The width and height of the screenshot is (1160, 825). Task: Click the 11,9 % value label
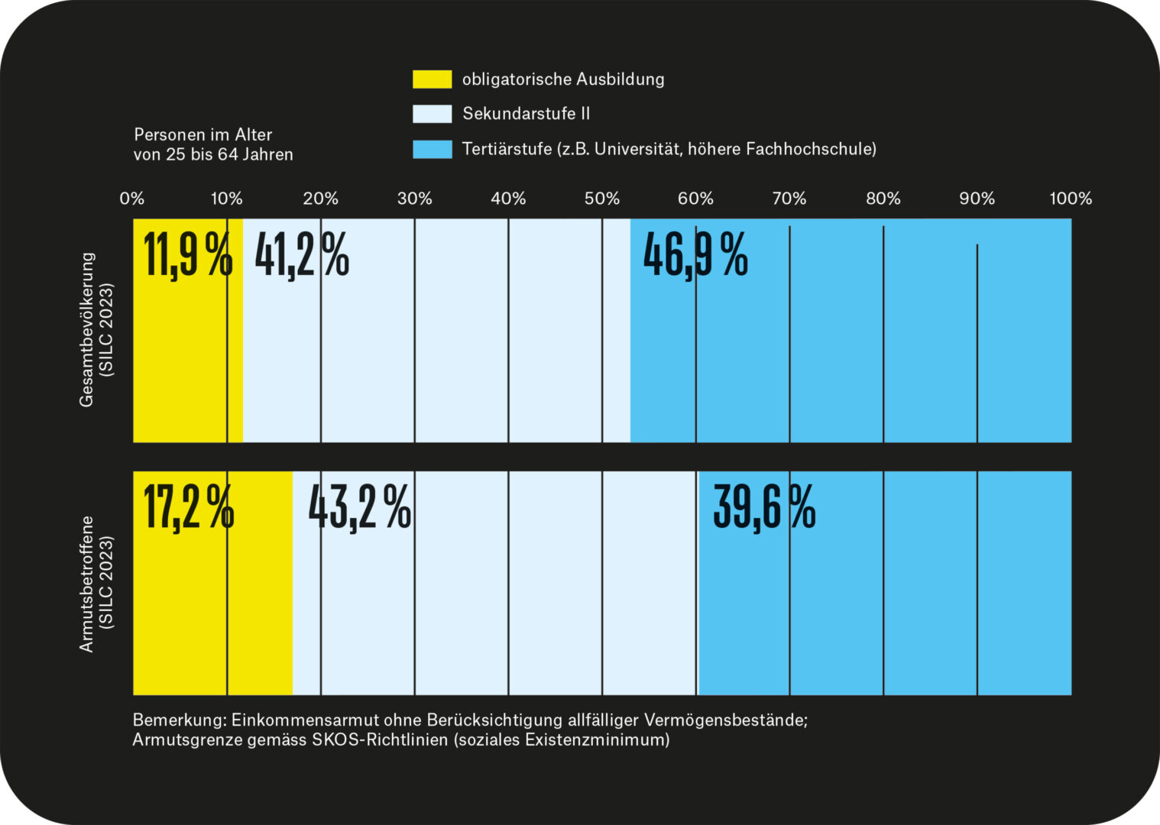click(x=188, y=255)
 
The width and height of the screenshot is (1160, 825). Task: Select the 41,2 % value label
click(x=302, y=255)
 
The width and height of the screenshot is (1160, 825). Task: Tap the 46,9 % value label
click(x=695, y=255)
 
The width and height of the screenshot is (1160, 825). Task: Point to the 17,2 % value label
click(x=189, y=508)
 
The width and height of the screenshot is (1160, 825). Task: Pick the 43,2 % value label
click(x=360, y=508)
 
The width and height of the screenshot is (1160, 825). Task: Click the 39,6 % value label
click(x=764, y=508)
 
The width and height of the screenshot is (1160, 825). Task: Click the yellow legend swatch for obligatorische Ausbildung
click(x=432, y=79)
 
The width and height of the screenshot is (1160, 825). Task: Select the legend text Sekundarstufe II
click(x=527, y=114)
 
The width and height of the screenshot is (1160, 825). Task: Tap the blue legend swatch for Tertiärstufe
click(x=432, y=149)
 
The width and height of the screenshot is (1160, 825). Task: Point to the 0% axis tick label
click(x=132, y=199)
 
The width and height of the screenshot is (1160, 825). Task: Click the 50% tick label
click(x=601, y=199)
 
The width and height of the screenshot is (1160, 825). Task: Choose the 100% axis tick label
click(x=1071, y=199)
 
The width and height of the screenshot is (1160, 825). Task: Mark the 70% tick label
click(x=789, y=199)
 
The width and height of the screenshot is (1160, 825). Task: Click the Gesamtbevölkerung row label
click(x=86, y=330)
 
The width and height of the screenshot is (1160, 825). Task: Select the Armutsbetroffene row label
click(x=86, y=584)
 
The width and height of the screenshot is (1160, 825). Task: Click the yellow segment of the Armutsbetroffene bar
click(x=213, y=584)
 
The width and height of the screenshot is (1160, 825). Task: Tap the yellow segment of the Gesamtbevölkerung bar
click(x=188, y=331)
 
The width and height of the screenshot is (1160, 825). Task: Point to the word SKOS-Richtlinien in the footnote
click(x=380, y=740)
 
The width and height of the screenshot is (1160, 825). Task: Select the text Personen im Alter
click(x=203, y=135)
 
